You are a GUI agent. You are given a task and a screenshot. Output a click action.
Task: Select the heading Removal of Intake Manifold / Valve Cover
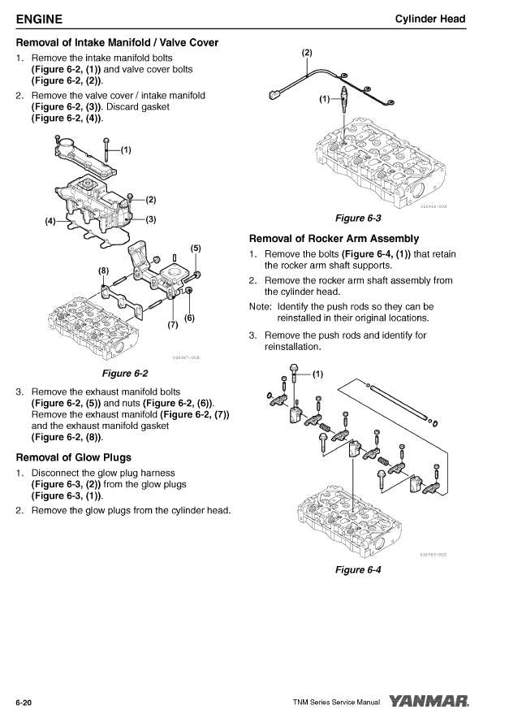point(117,42)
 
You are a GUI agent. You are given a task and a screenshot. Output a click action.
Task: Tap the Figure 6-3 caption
point(358,218)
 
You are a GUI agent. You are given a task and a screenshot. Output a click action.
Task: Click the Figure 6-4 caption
point(358,569)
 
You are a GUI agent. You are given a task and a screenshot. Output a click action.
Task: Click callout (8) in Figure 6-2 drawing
point(103,269)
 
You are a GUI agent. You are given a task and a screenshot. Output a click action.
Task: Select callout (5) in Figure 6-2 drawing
point(195,248)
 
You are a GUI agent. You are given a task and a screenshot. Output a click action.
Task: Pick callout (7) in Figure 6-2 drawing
point(172,325)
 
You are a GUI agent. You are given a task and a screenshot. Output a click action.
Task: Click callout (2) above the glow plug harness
point(306,53)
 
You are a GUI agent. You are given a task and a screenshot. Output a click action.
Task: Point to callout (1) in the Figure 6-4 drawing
point(317,374)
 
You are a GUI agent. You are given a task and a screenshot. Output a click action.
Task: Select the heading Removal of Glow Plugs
point(73,457)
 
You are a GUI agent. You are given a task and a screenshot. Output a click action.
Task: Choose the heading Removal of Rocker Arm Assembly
point(334,239)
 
